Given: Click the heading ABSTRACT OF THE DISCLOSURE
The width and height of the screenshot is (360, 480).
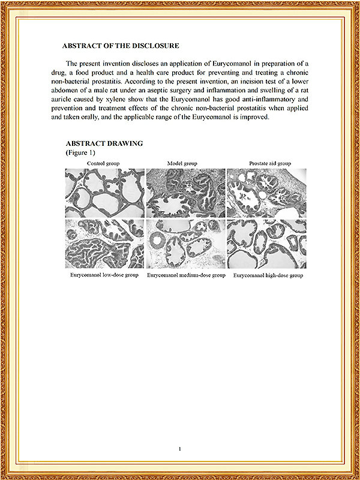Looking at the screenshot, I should click(121, 46).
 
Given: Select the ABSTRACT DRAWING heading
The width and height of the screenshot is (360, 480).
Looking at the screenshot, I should click(104, 144).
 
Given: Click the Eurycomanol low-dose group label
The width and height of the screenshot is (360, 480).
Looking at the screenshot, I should click(104, 275).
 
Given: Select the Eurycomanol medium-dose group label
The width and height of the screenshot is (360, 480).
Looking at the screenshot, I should click(186, 275).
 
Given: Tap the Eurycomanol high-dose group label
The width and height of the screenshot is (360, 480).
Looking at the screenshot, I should click(268, 275).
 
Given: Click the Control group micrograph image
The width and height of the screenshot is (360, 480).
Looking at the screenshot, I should click(104, 193).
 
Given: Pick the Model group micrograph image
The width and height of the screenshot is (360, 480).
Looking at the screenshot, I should click(185, 193).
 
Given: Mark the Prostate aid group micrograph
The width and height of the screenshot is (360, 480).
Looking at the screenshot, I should click(267, 193).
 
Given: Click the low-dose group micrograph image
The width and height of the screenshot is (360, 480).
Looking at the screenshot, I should click(104, 244).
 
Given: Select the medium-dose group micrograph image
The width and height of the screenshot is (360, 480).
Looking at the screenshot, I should click(185, 244).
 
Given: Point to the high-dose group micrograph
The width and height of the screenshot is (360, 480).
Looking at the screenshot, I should click(267, 244).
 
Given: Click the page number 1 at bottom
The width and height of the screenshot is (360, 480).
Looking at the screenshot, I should click(180, 449).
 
